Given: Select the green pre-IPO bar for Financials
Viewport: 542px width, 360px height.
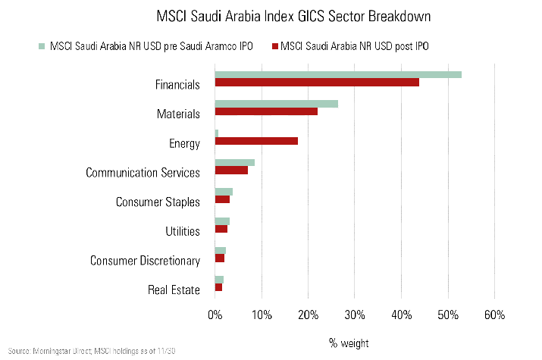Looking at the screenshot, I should (x=338, y=74).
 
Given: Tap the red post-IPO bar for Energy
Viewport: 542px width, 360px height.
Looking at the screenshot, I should (x=256, y=141).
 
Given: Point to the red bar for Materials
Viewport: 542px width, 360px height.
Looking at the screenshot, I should (x=266, y=111).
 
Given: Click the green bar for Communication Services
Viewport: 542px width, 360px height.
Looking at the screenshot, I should (x=235, y=162).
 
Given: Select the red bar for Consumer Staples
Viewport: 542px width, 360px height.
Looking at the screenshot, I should (x=222, y=199).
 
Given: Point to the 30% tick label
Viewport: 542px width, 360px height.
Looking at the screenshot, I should (x=355, y=315).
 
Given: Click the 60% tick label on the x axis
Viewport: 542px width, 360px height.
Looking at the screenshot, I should (x=494, y=315).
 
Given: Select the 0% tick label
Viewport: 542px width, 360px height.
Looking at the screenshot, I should (x=215, y=315).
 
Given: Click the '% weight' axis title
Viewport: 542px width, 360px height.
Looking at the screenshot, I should (x=349, y=343).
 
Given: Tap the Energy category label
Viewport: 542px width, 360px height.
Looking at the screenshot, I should (x=184, y=144).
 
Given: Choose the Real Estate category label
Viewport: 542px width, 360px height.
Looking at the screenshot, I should (x=175, y=290).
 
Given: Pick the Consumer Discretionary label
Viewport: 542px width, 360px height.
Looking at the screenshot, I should (x=145, y=261).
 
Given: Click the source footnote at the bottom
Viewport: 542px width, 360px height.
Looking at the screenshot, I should (x=95, y=352).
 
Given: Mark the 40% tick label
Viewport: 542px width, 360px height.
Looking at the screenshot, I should (x=401, y=315).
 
